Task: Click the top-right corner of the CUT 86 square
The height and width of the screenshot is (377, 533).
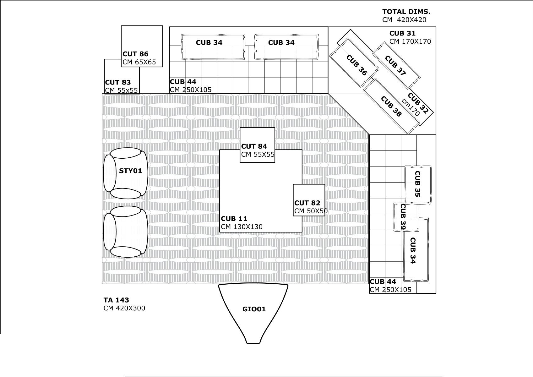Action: tap(163, 26)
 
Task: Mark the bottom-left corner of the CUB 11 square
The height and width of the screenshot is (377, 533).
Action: tap(219, 232)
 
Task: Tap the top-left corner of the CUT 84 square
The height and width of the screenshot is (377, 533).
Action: tap(240, 128)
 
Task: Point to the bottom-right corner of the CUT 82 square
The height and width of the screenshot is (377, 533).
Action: tap(325, 216)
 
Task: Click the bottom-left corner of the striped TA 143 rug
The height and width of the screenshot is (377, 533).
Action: tap(102, 284)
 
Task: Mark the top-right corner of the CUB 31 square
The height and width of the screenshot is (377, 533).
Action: tap(436, 27)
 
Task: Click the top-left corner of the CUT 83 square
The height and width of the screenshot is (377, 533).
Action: tap(105, 59)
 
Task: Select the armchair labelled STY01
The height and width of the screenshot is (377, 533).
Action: tap(126, 173)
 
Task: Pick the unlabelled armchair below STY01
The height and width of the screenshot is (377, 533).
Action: tap(126, 232)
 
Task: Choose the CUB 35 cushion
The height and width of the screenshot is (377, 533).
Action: tap(418, 185)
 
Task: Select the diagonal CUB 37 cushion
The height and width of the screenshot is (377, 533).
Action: tap(396, 65)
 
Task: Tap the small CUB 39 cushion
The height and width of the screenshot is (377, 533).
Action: tap(406, 217)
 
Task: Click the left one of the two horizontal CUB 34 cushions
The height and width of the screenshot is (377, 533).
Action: tap(213, 46)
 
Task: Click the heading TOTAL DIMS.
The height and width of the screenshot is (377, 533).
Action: tap(406, 12)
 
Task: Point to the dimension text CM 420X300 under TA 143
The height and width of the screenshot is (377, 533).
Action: tap(124, 308)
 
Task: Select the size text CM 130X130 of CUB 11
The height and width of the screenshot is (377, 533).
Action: tap(242, 227)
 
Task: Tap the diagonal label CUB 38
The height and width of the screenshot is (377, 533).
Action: tap(391, 107)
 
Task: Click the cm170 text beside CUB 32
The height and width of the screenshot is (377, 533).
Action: tap(411, 107)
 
